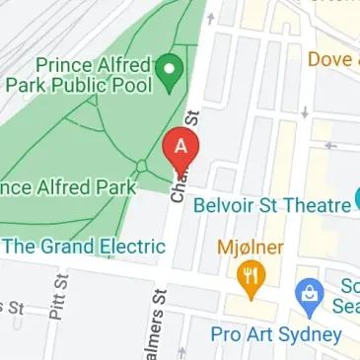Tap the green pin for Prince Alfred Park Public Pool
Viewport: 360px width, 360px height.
(x=172, y=69)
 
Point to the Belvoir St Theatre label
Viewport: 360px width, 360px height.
(x=272, y=205)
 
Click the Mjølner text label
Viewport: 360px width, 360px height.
(x=251, y=247)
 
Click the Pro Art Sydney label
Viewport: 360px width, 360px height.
(x=275, y=333)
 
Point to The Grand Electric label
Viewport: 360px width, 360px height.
(x=84, y=246)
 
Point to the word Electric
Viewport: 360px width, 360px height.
(x=131, y=246)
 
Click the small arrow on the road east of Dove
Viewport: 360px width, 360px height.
(x=332, y=146)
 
